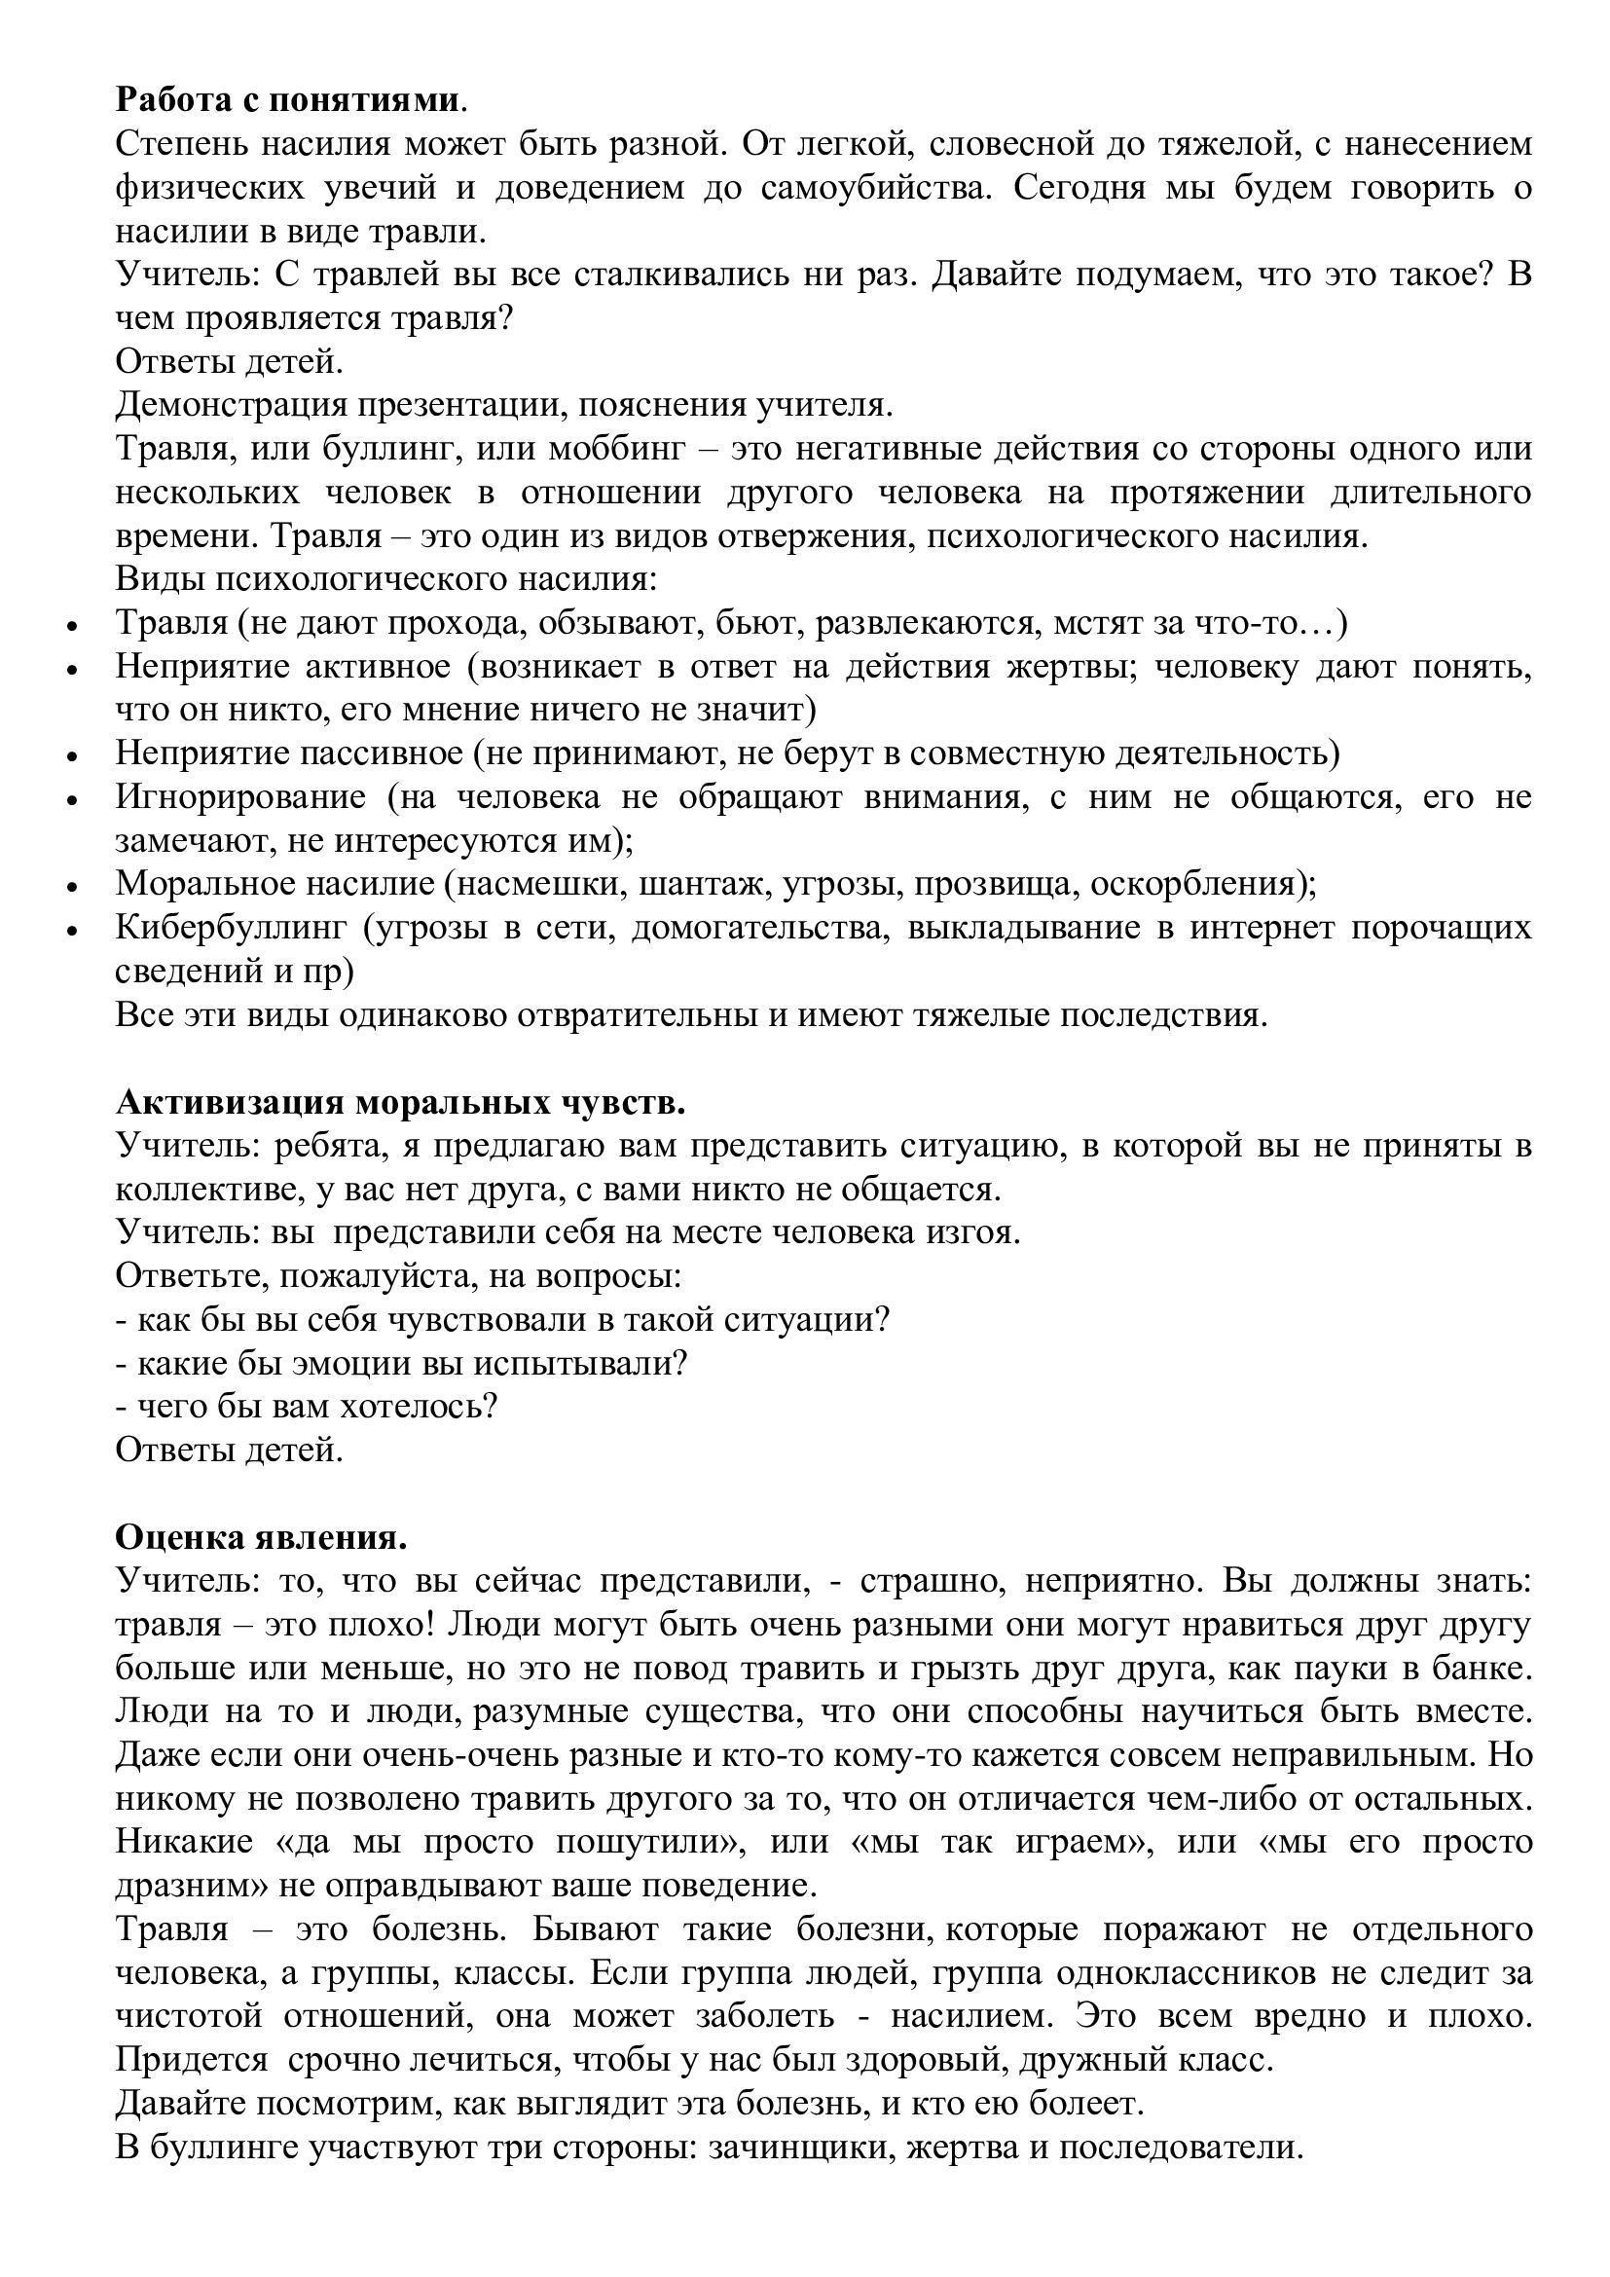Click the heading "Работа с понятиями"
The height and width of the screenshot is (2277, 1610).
pos(287,100)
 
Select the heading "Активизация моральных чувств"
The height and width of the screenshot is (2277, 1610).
pos(399,1103)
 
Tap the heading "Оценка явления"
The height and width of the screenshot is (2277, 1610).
pos(261,1538)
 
